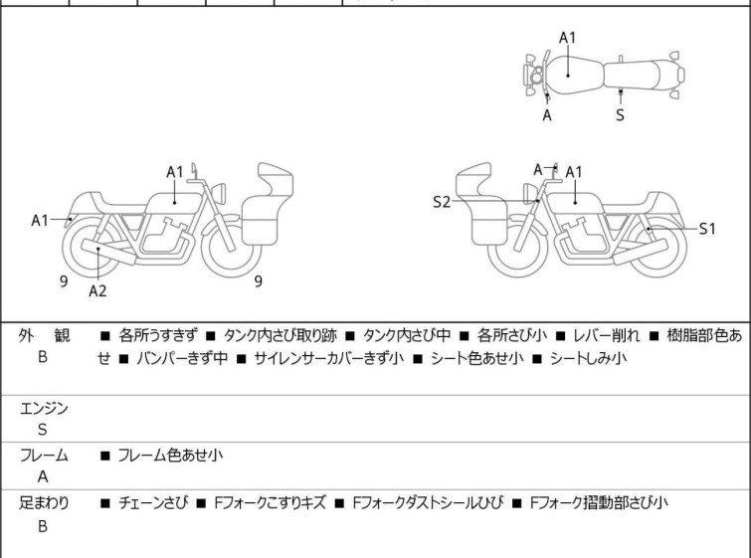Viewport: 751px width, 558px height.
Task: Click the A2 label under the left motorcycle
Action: tap(97, 290)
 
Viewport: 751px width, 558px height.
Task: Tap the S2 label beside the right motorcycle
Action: tap(442, 202)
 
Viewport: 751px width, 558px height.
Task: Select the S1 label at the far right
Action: tap(707, 228)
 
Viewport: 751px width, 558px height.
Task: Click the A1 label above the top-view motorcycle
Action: tap(567, 37)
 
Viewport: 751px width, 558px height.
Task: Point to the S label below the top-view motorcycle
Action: tap(620, 114)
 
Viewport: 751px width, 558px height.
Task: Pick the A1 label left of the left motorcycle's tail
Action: tap(41, 219)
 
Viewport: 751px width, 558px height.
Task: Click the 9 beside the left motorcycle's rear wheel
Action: tap(63, 281)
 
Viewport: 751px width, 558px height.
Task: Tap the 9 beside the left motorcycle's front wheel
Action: tap(258, 281)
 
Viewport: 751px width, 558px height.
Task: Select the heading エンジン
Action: tap(43, 408)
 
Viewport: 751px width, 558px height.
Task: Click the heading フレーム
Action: tap(43, 456)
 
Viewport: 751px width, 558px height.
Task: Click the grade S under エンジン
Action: tap(43, 430)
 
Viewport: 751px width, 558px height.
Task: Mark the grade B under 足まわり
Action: tap(43, 525)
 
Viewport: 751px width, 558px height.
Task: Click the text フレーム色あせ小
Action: tap(169, 456)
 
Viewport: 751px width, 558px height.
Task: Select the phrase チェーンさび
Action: tap(154, 502)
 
